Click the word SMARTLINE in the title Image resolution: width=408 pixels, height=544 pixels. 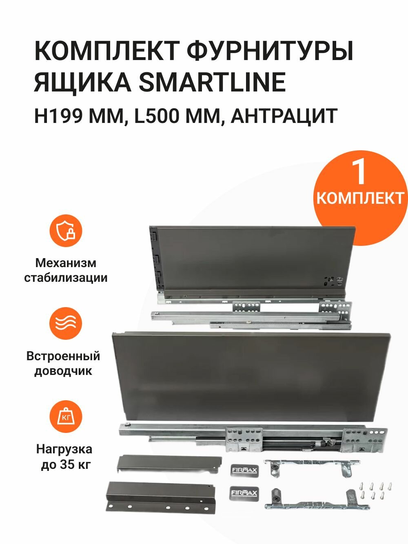tap(212, 82)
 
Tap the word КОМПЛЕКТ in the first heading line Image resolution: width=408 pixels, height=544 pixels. tap(106, 51)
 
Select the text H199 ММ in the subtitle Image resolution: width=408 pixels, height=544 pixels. tap(78, 116)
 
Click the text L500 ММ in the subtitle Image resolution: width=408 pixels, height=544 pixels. tap(177, 116)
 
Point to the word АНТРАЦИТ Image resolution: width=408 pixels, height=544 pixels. tap(284, 116)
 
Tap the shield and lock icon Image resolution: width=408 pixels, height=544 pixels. tap(66, 231)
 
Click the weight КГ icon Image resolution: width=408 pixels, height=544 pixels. tap(66, 417)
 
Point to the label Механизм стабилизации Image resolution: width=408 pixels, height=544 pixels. tap(66, 270)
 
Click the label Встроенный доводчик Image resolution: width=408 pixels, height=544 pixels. tap(63, 363)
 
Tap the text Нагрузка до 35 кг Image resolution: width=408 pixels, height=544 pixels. tap(64, 457)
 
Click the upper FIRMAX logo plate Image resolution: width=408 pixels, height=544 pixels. tap(244, 470)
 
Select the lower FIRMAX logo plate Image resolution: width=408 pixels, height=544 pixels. tap(244, 493)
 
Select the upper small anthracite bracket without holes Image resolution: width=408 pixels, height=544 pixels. tap(168, 464)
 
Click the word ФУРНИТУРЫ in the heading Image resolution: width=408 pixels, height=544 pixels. tap(270, 51)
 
